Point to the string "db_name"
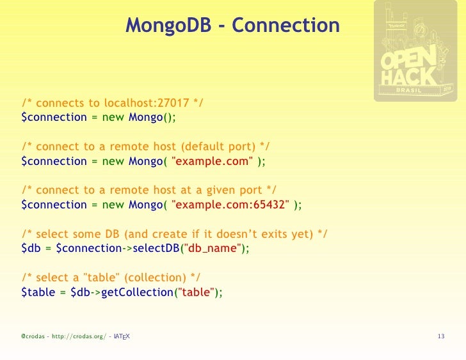[211, 248]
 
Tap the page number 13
[440, 336]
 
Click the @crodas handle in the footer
[33, 336]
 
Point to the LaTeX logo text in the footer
[121, 336]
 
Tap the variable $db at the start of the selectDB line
[30, 248]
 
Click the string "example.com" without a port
[211, 161]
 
